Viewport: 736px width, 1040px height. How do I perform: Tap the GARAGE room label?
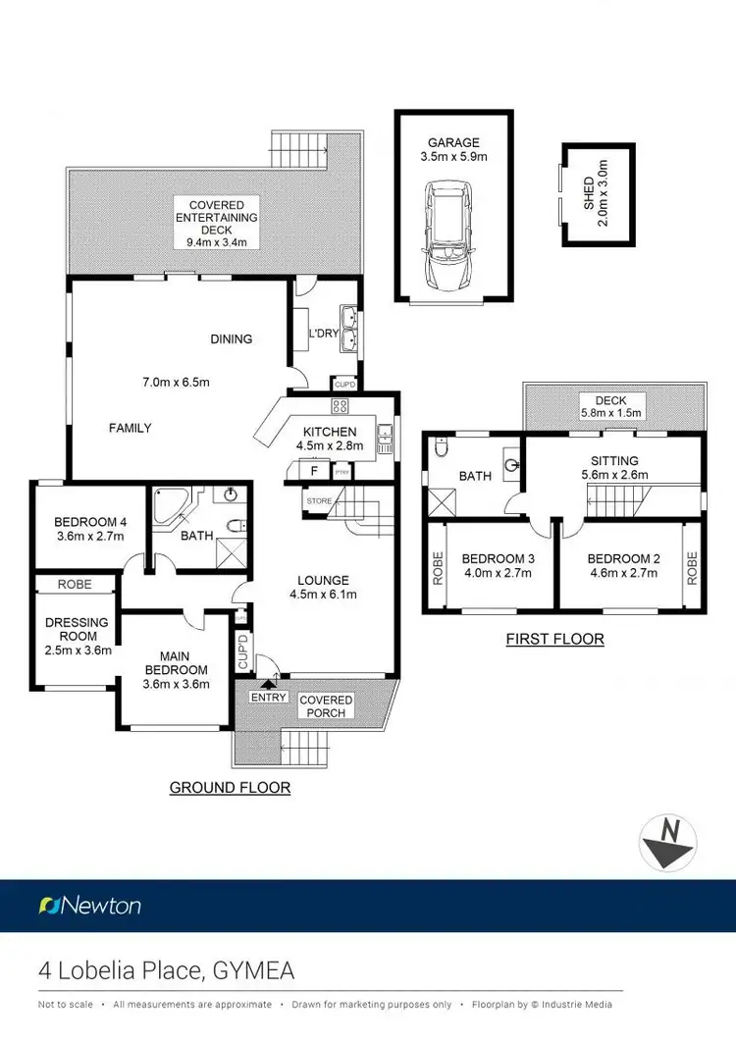452,142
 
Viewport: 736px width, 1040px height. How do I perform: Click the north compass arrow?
668,843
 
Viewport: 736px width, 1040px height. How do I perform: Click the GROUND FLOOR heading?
230,788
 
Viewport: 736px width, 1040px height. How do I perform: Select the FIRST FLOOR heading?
554,640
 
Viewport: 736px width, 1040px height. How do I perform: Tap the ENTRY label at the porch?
269,698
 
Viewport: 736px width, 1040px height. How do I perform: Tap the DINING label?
232,339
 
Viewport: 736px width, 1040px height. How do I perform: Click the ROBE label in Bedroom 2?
692,568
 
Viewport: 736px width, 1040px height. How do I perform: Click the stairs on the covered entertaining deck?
301,149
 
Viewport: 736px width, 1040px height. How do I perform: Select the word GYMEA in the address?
252,971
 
